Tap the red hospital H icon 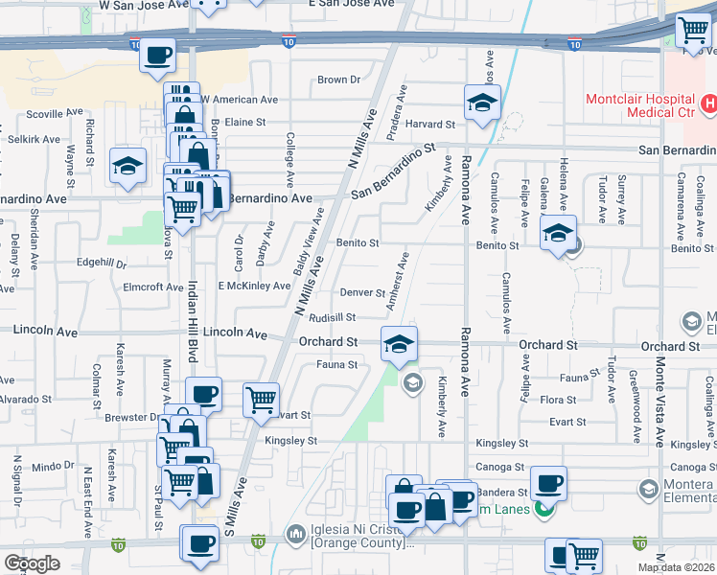[708, 103]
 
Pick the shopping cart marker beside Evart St [261, 401]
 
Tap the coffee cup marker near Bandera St [548, 482]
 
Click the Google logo [33, 563]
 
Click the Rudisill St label [333, 317]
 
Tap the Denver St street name [361, 293]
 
